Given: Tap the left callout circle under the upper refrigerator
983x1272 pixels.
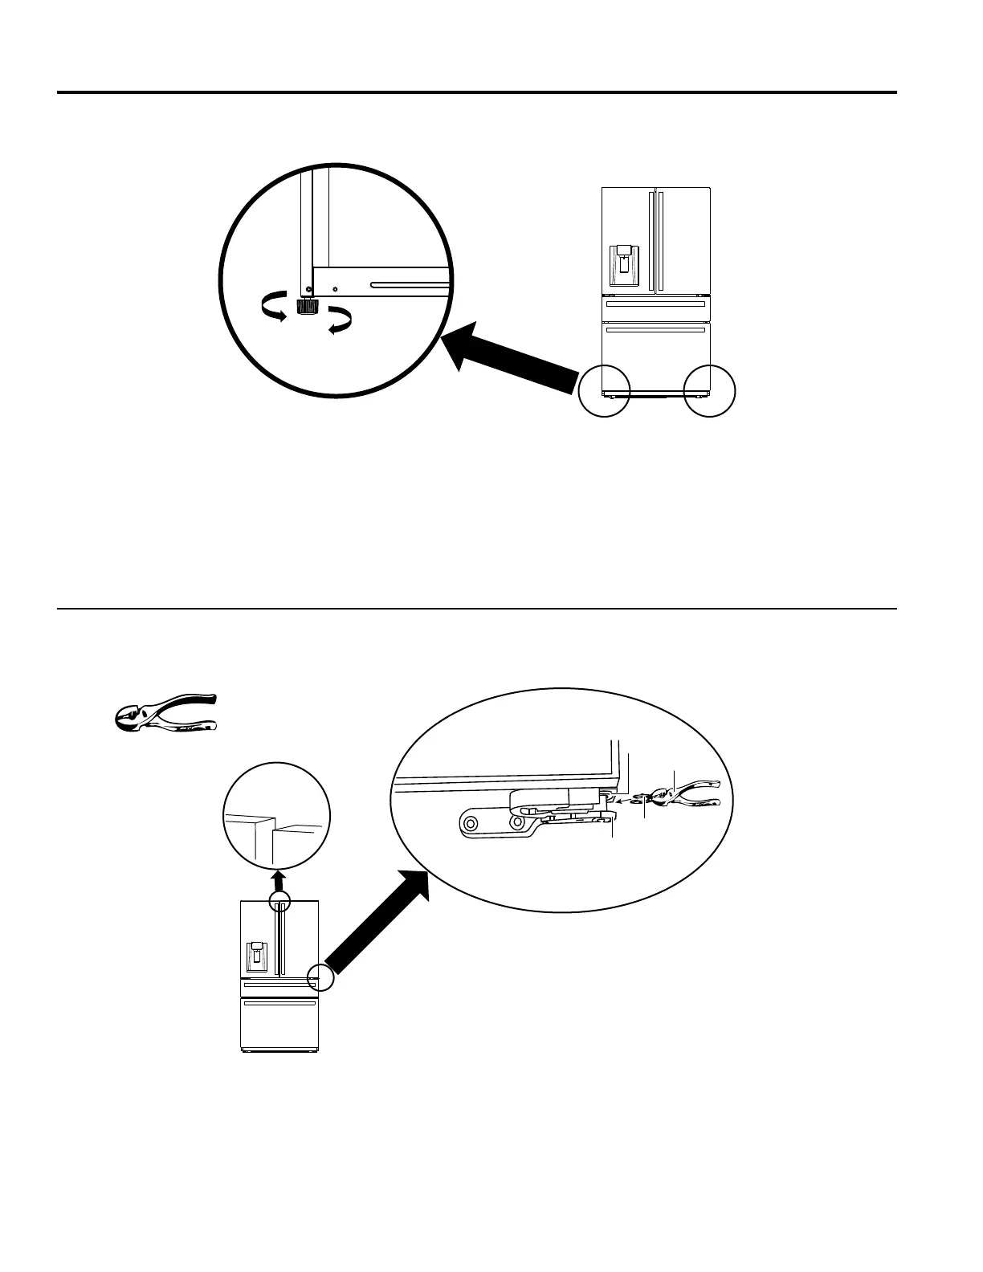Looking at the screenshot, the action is pos(604,391).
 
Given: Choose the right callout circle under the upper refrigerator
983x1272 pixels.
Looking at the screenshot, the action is pos(709,391).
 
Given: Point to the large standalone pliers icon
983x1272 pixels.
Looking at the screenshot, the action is pos(165,711).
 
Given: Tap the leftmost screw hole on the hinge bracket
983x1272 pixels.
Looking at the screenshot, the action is pos(470,823).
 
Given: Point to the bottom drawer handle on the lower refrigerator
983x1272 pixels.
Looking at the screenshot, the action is pos(280,1004).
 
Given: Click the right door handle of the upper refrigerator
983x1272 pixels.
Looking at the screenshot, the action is pos(661,241).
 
